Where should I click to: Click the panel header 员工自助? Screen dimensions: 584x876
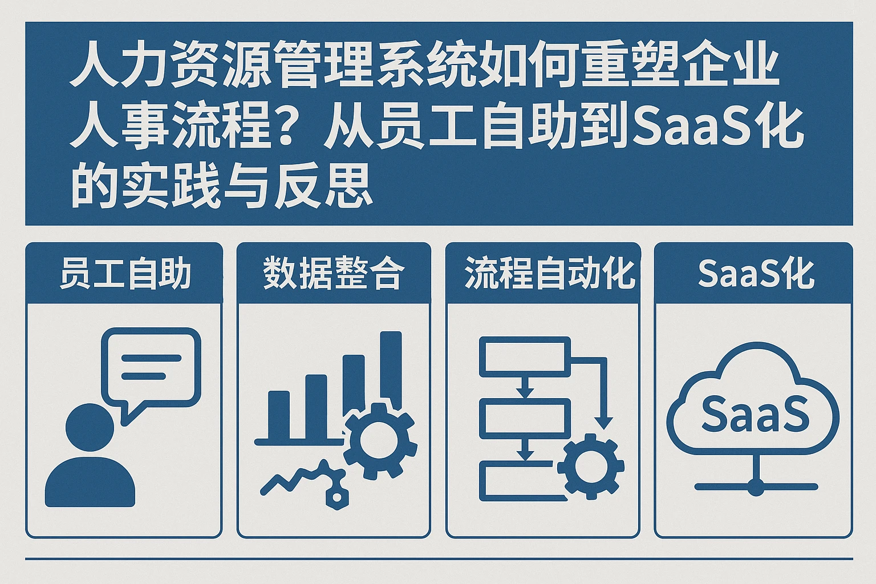[x=125, y=273]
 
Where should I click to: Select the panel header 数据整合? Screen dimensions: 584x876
[x=334, y=273]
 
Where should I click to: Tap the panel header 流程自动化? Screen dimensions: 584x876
[x=549, y=273]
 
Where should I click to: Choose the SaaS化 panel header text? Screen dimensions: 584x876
[x=756, y=273]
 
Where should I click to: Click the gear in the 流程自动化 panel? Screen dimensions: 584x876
[x=590, y=465]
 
